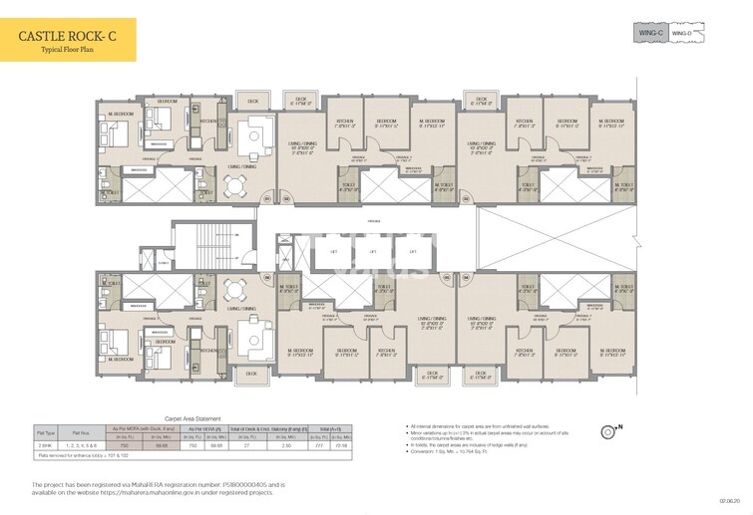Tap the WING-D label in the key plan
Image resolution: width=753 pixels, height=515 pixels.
pos(679,33)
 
